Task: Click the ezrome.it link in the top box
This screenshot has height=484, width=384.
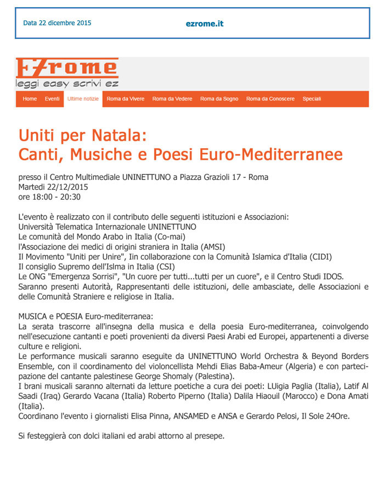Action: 204,24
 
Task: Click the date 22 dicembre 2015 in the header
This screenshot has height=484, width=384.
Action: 57,23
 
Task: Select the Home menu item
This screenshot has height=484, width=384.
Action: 30,99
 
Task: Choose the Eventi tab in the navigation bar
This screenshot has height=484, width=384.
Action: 52,99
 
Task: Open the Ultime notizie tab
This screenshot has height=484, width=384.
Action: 83,99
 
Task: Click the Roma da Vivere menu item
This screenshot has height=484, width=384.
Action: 126,99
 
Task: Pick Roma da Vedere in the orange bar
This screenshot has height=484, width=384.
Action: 172,99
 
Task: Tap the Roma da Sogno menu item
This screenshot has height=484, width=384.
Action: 219,99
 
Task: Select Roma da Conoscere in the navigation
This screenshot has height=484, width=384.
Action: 270,99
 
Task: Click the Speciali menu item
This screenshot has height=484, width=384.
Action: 312,99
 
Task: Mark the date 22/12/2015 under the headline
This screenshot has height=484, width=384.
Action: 67,187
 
